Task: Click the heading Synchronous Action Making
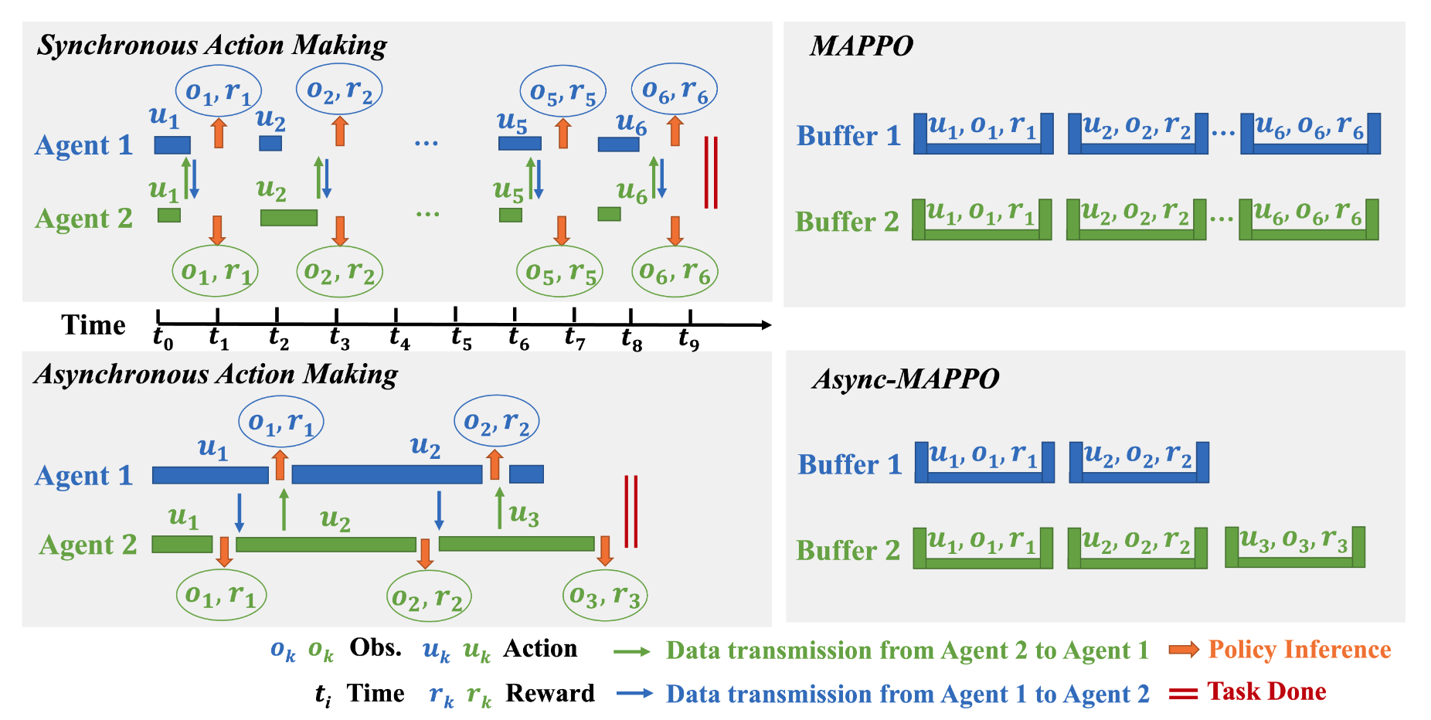[212, 46]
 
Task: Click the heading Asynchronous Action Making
[216, 375]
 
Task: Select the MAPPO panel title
[861, 46]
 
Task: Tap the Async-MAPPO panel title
[905, 379]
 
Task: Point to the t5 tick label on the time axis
[461, 338]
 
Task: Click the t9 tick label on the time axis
[688, 338]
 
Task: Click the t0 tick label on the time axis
[162, 338]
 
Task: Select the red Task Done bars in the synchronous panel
[711, 172]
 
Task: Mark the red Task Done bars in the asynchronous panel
[631, 511]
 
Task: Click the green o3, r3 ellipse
[604, 596]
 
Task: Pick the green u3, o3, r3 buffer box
[1294, 547]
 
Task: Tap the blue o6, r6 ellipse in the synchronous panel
[675, 90]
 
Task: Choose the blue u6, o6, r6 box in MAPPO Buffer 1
[1310, 134]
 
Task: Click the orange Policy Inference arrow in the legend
[1184, 650]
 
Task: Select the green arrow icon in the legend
[632, 652]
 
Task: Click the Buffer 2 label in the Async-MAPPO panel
[848, 550]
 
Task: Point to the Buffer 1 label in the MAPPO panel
[848, 136]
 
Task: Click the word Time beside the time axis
[93, 325]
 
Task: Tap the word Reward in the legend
[549, 693]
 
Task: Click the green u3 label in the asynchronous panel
[524, 515]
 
